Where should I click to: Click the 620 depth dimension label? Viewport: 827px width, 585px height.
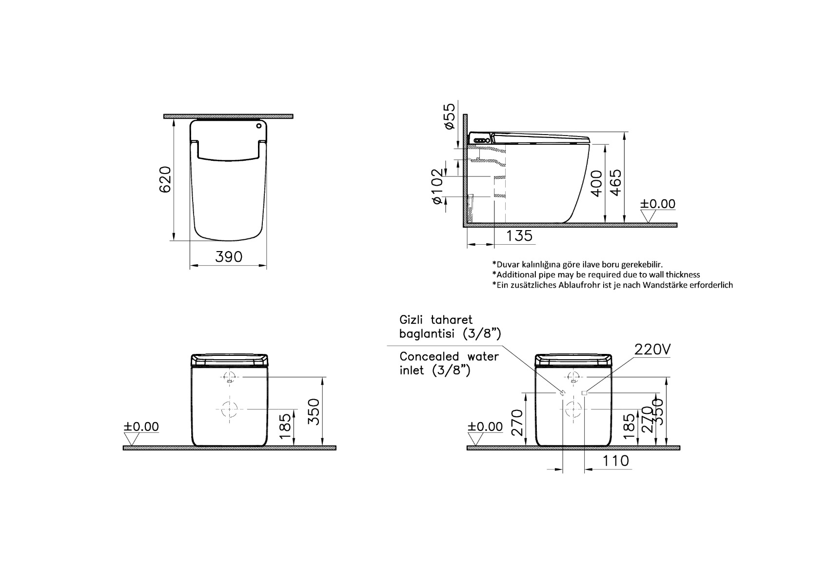(x=165, y=179)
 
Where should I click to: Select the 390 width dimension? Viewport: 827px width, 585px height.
(x=229, y=257)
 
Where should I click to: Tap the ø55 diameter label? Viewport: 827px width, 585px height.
(x=449, y=116)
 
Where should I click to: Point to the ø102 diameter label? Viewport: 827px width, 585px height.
(x=437, y=186)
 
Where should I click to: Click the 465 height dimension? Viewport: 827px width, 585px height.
(x=615, y=183)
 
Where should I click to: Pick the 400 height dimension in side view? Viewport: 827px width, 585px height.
(x=596, y=183)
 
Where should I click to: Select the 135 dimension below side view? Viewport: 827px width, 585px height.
(x=519, y=236)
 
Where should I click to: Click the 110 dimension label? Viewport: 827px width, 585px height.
(x=615, y=461)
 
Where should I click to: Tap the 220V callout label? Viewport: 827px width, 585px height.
(x=652, y=349)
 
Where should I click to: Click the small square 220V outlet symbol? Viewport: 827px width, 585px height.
(x=584, y=393)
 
